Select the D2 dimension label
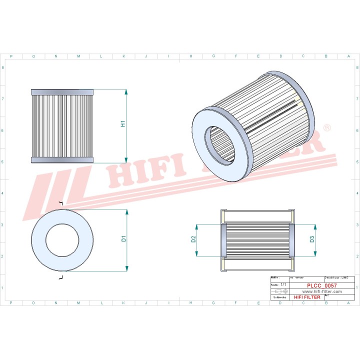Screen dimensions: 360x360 tap(193, 238)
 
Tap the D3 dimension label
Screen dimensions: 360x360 tap(312, 238)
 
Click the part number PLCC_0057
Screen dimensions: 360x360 tap(314, 285)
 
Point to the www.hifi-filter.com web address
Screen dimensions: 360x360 tap(314, 291)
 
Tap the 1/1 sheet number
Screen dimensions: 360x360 tap(284, 284)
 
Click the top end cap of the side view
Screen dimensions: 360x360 tap(62, 92)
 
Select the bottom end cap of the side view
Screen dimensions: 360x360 tap(62, 159)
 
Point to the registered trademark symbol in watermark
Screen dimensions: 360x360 tap(327, 128)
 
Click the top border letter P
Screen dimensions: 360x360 tap(11, 56)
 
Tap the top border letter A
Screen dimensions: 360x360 tap(348, 56)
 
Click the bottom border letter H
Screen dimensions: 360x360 tap(190, 303)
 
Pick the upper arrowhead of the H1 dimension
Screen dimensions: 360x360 tap(126, 92)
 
